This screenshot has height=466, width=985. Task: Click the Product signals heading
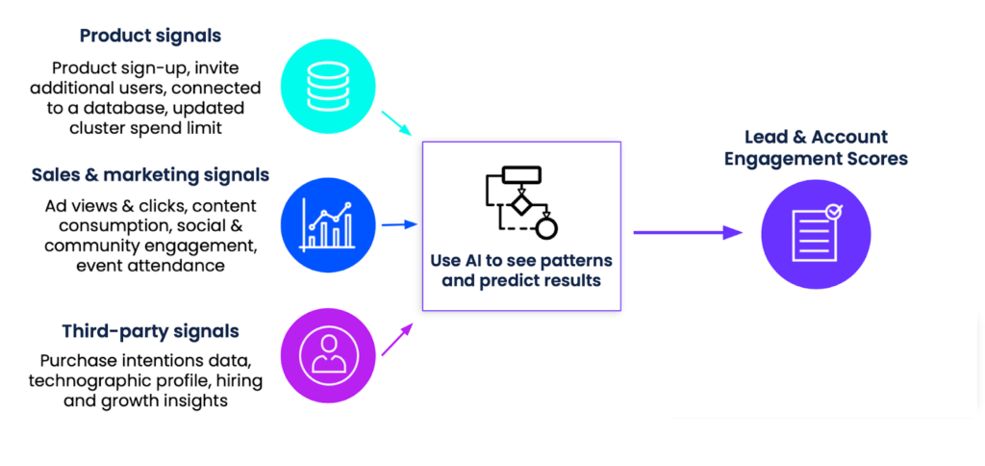point(150,36)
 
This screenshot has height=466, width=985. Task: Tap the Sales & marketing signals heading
point(150,175)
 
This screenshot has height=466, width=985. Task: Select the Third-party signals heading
point(150,331)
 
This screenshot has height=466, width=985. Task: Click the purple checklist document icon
point(816,234)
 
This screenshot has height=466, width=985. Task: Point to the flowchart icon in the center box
point(520,202)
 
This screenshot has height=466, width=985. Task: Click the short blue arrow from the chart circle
point(399,224)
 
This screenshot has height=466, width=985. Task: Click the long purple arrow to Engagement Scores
point(687,232)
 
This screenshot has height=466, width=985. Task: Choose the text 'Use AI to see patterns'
point(520,262)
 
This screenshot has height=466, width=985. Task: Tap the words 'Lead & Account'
point(816,137)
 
